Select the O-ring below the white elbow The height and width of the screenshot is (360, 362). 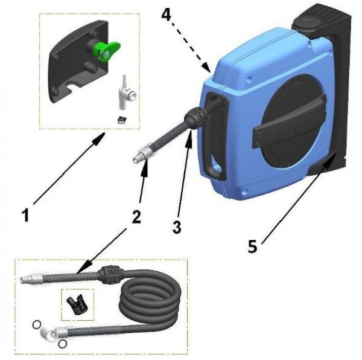pos(62,344)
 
